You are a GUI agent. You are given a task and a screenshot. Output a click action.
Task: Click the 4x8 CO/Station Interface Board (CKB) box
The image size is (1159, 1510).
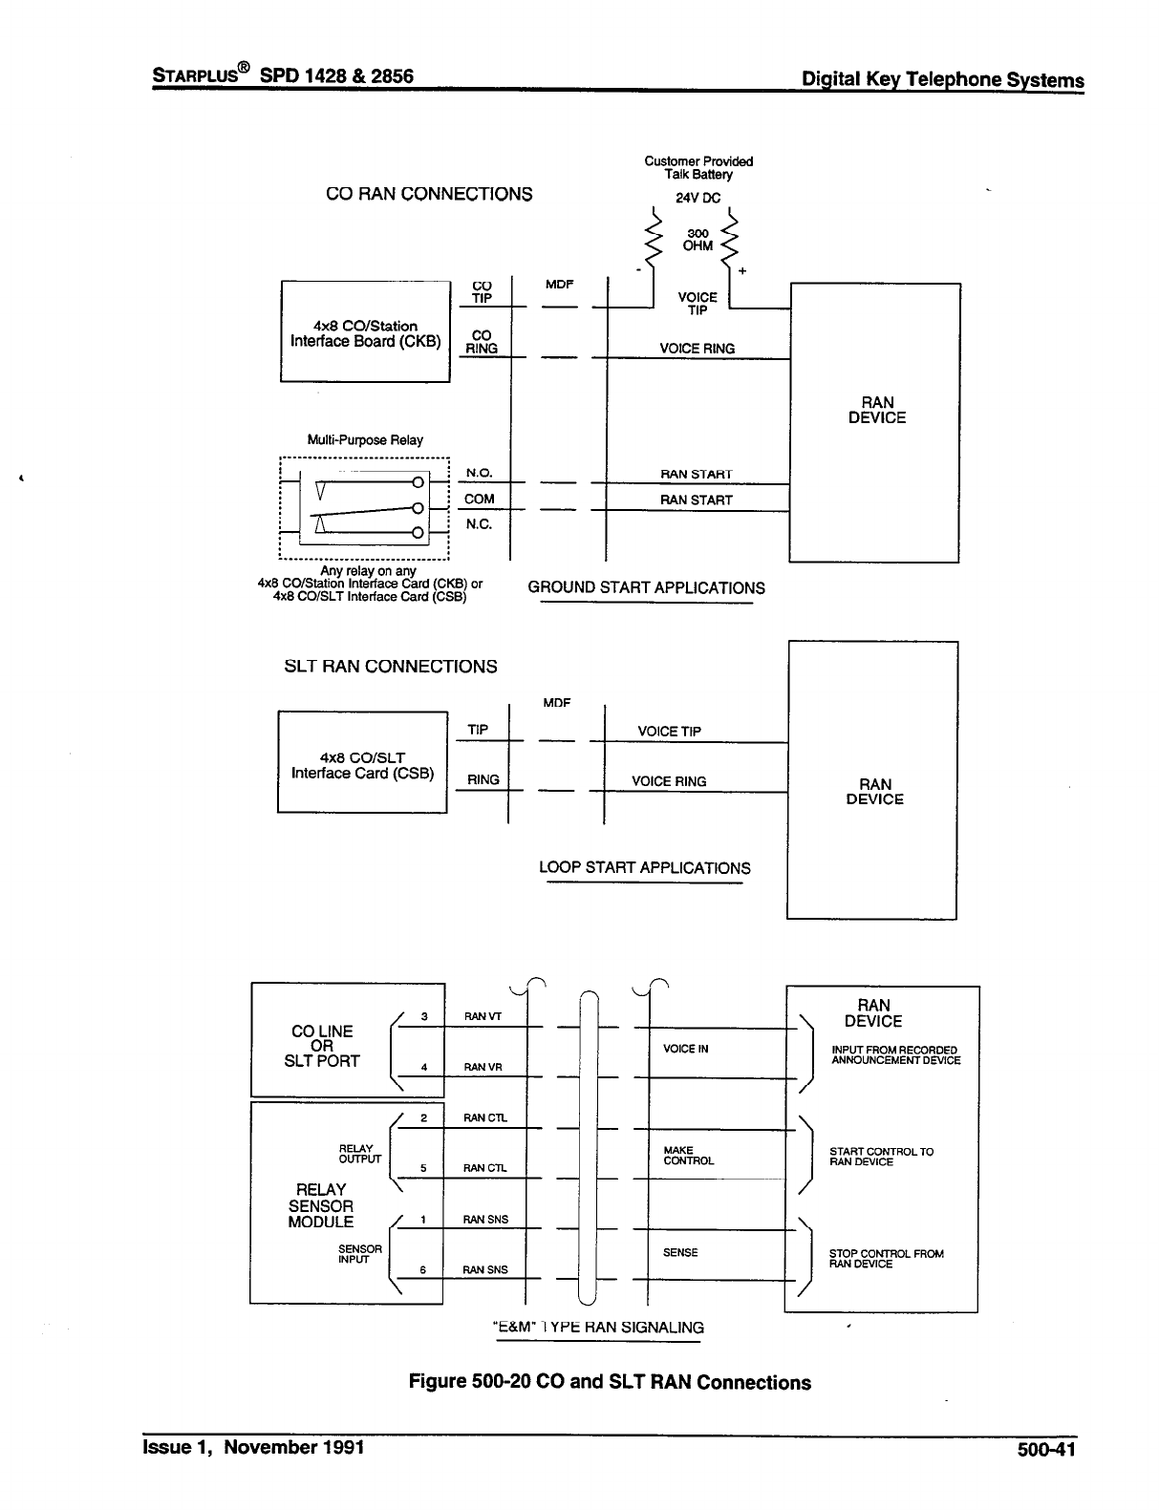pos(365,332)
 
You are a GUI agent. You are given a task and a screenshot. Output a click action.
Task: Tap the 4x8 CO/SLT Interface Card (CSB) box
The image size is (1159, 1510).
pos(362,763)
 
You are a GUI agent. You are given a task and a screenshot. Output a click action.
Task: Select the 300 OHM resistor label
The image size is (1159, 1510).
pos(698,239)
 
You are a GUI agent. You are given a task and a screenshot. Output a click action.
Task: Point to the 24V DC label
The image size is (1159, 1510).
pos(698,199)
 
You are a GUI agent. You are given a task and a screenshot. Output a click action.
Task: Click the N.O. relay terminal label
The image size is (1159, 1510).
pos(479,473)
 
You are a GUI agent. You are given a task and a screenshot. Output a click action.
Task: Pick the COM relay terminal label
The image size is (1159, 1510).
pos(479,499)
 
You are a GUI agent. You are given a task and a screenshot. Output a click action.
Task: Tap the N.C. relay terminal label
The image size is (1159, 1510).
pos(479,524)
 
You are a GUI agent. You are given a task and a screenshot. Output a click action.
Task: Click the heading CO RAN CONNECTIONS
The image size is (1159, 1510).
pos(429,194)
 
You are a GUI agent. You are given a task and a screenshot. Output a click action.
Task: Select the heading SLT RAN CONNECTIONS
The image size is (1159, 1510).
pos(391,667)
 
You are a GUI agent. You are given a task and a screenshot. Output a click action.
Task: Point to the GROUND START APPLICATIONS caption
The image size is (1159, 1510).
pos(646,588)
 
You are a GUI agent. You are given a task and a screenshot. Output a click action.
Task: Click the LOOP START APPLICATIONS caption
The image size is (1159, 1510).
pos(645,868)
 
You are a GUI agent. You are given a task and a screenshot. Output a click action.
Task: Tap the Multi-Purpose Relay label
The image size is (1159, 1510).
pos(364,440)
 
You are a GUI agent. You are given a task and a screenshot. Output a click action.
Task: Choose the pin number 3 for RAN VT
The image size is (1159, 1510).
pos(423,1016)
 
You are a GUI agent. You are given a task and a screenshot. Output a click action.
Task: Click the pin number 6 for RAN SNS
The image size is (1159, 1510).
pos(423,1269)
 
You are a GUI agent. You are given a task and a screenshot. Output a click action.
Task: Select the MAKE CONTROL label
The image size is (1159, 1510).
pos(688,1156)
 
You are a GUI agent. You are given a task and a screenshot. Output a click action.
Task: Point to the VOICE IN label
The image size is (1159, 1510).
pos(685,1049)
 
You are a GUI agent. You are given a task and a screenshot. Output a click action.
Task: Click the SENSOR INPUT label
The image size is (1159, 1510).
pos(360,1254)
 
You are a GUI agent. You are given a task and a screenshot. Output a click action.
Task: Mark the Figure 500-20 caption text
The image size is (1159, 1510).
pos(610,1382)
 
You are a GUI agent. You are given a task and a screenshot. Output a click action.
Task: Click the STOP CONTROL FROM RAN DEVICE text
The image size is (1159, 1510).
pos(886,1259)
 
